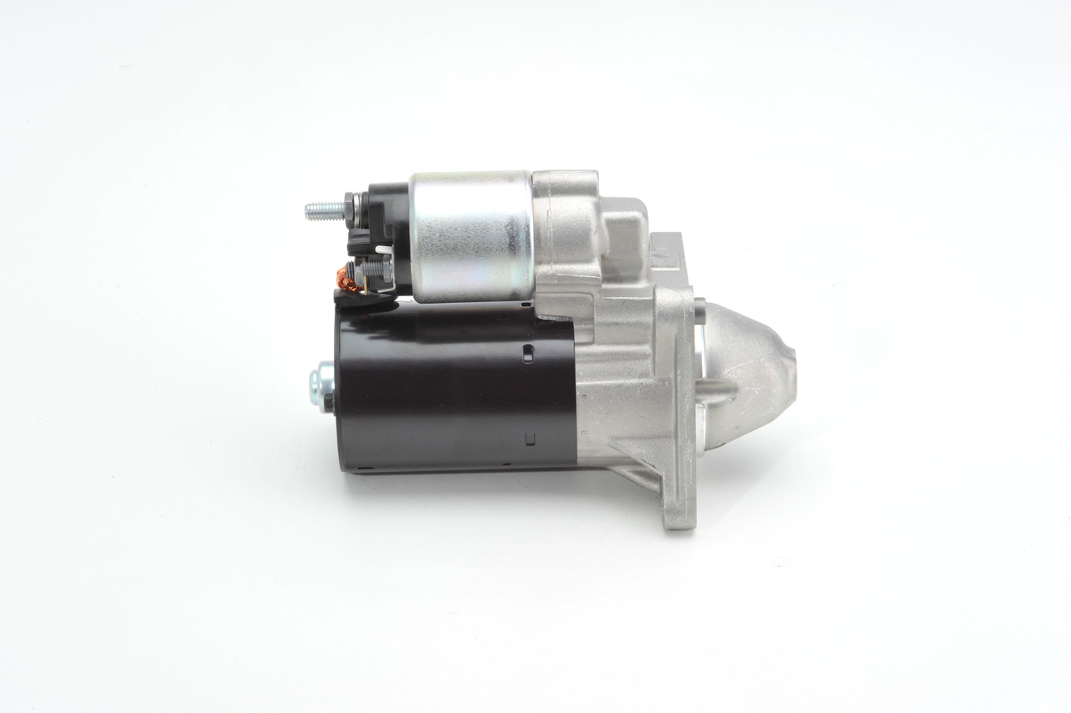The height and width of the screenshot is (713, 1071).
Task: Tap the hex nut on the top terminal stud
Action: [346, 208]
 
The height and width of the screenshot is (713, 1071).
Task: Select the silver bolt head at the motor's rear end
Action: [318, 387]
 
